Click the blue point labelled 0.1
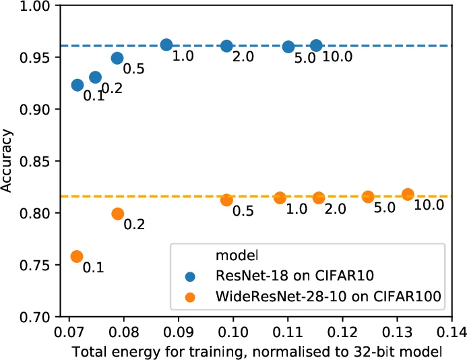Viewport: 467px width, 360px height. coord(77,85)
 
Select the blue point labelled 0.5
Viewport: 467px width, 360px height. coord(117,58)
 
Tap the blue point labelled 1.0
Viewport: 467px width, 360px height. coord(166,45)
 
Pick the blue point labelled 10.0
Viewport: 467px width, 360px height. coord(317,45)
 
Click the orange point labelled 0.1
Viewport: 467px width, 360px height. coord(77,256)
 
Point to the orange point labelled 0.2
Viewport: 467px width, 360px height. coord(118,214)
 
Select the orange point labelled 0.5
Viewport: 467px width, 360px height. coord(226,200)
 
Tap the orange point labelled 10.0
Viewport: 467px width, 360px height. coord(408,194)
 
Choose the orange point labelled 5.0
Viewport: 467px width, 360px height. coord(368,197)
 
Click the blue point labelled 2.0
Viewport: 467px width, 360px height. coord(226,46)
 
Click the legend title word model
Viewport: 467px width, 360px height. coord(230,255)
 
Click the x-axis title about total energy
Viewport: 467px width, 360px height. coord(259,351)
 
